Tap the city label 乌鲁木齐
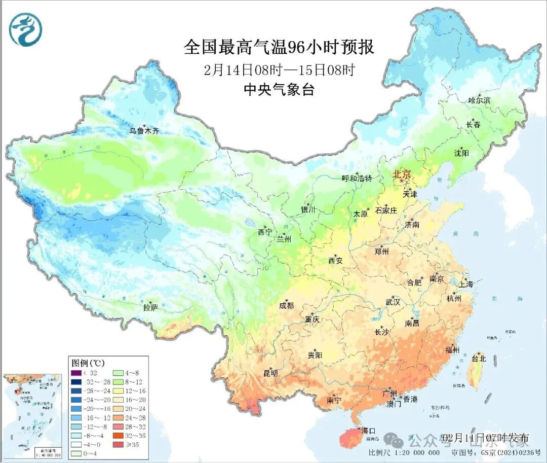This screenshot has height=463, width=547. [144, 131]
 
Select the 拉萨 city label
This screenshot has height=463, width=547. [150, 307]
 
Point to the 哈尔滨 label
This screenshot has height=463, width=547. [479, 100]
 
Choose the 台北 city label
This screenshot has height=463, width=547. [478, 359]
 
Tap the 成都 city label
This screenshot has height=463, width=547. [286, 305]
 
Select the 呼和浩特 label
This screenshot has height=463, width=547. [357, 179]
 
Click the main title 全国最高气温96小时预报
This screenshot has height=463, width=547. [279, 47]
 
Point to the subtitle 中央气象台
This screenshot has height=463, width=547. [279, 90]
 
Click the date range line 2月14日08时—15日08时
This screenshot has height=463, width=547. [279, 69]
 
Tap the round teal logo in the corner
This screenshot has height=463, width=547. [25, 29]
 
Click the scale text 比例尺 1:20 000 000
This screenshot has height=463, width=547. [404, 453]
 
